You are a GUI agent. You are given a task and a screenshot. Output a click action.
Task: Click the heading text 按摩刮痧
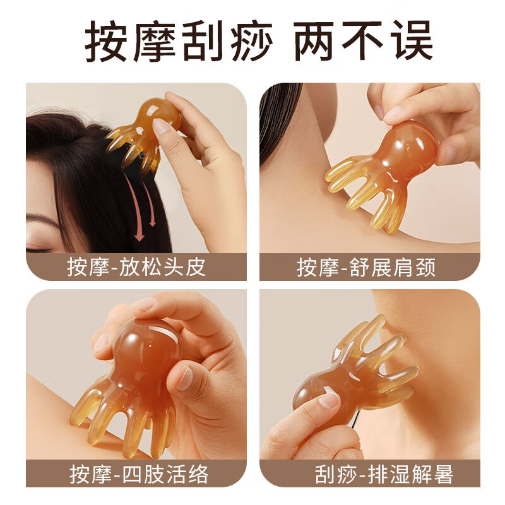coord(179,41)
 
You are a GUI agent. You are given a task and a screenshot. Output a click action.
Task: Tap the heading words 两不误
coord(364,41)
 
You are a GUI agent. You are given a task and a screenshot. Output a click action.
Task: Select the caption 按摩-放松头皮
coord(136,267)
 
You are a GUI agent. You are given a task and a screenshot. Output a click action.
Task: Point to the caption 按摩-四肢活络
coord(136,473)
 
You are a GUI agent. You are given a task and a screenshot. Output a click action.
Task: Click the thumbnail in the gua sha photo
coord(329,400)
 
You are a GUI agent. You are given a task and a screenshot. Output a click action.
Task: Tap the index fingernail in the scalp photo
coord(162,126)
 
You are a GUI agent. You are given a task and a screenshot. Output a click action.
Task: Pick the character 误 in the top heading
coord(410,41)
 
